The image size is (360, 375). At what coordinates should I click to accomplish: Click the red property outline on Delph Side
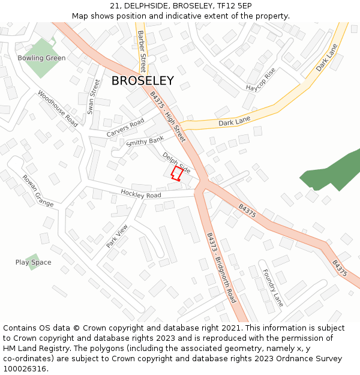(176, 173)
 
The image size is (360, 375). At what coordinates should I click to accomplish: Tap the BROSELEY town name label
(143, 81)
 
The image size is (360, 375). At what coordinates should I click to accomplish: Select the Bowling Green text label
(41, 58)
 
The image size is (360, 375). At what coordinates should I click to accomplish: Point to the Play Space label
(33, 262)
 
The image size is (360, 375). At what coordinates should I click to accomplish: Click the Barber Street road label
(142, 51)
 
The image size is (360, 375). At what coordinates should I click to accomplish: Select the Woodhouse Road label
(58, 109)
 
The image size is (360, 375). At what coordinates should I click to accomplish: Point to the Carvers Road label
(125, 127)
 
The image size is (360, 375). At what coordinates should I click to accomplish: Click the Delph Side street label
(176, 162)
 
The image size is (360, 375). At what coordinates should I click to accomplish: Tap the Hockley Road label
(141, 195)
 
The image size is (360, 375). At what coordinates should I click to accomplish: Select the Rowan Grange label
(38, 191)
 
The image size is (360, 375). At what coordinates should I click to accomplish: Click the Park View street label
(117, 236)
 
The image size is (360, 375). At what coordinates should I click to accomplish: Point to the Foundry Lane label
(273, 288)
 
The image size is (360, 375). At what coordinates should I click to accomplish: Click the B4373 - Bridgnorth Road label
(221, 267)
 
